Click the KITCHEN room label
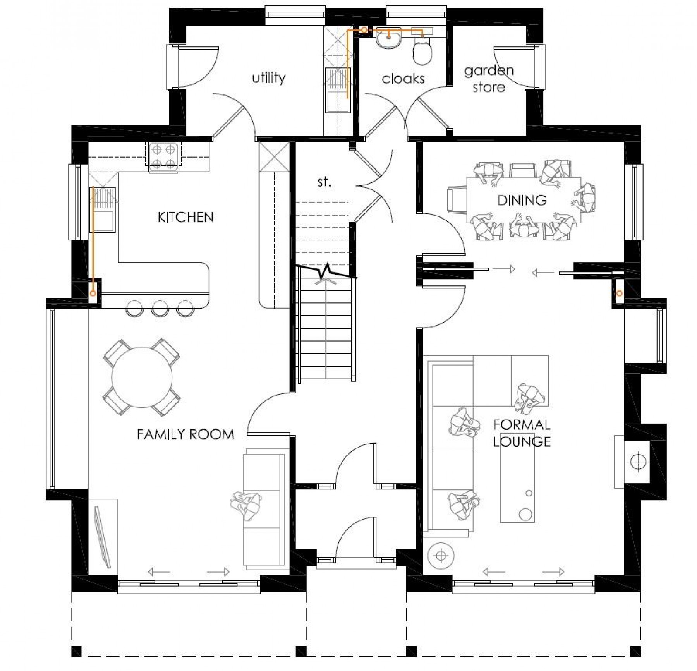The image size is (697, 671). pyautogui.click(x=185, y=217)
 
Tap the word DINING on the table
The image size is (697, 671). pyautogui.click(x=522, y=200)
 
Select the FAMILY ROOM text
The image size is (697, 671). pyautogui.click(x=185, y=434)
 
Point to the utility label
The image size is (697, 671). pyautogui.click(x=269, y=78)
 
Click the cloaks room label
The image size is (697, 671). pyautogui.click(x=403, y=79)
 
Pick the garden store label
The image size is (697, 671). pyautogui.click(x=489, y=79)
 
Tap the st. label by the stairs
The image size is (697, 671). pyautogui.click(x=324, y=182)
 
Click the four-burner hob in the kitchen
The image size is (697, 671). pyautogui.click(x=163, y=156)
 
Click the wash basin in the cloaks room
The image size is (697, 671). pyautogui.click(x=388, y=39)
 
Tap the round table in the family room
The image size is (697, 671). pyautogui.click(x=142, y=377)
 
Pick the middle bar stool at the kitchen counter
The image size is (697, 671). pyautogui.click(x=160, y=309)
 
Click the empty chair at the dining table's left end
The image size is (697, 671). pyautogui.click(x=457, y=199)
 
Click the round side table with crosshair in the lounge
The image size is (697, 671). pyautogui.click(x=441, y=556)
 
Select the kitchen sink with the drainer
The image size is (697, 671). pyautogui.click(x=103, y=209)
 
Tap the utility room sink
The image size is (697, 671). pyautogui.click(x=338, y=90)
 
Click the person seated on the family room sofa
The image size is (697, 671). pyautogui.click(x=247, y=506)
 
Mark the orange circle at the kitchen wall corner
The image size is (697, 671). pyautogui.click(x=93, y=293)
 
